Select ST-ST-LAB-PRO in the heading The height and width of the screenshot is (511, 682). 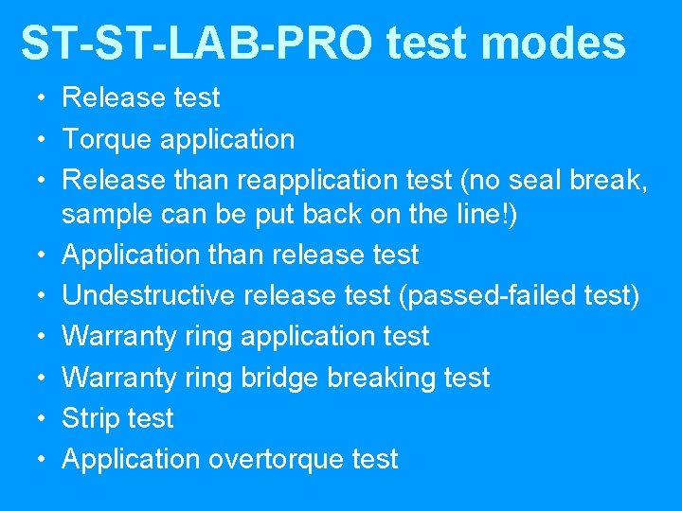click(188, 44)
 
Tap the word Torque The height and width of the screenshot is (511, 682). click(107, 140)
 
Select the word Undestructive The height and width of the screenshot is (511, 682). click(149, 295)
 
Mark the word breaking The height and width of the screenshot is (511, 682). click(383, 378)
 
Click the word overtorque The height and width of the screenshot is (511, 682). click(275, 460)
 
